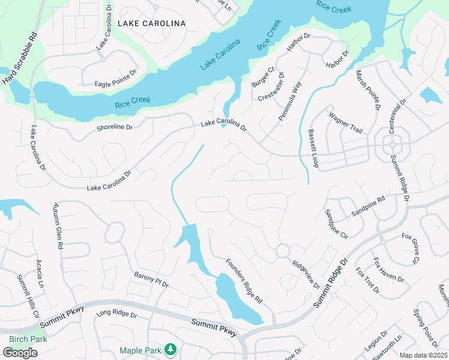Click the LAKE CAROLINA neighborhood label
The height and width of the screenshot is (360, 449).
(x=151, y=23)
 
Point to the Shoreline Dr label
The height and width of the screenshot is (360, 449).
(x=113, y=127)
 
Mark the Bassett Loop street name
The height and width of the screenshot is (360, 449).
(x=313, y=148)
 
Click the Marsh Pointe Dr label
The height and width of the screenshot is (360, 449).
(x=368, y=91)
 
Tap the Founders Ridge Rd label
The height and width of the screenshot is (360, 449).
(x=244, y=280)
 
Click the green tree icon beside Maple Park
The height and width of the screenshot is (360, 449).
(x=170, y=349)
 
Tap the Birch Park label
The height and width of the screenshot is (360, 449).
(x=28, y=338)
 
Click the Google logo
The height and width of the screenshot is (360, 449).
(x=20, y=353)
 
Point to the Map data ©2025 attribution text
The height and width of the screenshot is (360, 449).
(x=423, y=355)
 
